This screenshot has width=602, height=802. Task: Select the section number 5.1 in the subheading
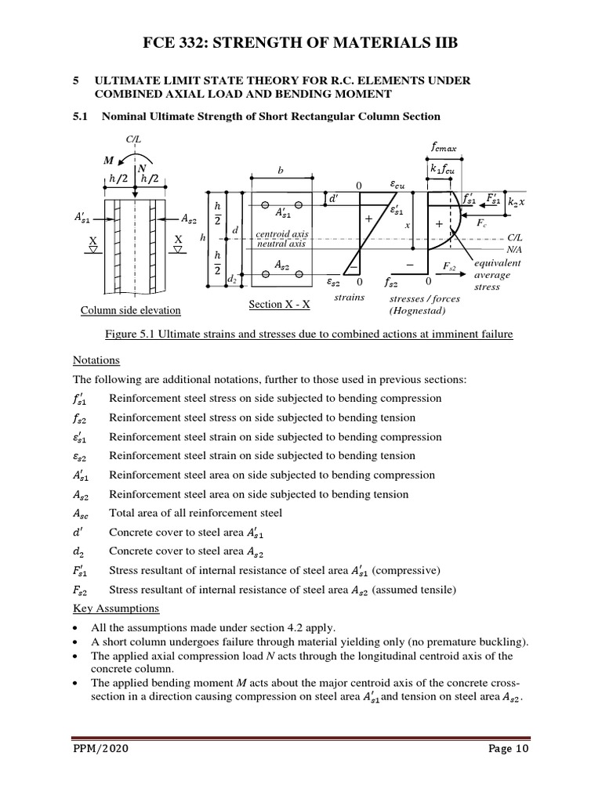pyautogui.click(x=82, y=117)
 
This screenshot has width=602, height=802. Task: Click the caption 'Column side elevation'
pyautogui.click(x=131, y=310)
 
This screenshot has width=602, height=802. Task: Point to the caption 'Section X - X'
pyautogui.click(x=281, y=304)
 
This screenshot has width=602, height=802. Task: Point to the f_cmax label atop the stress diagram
pyautogui.click(x=446, y=146)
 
